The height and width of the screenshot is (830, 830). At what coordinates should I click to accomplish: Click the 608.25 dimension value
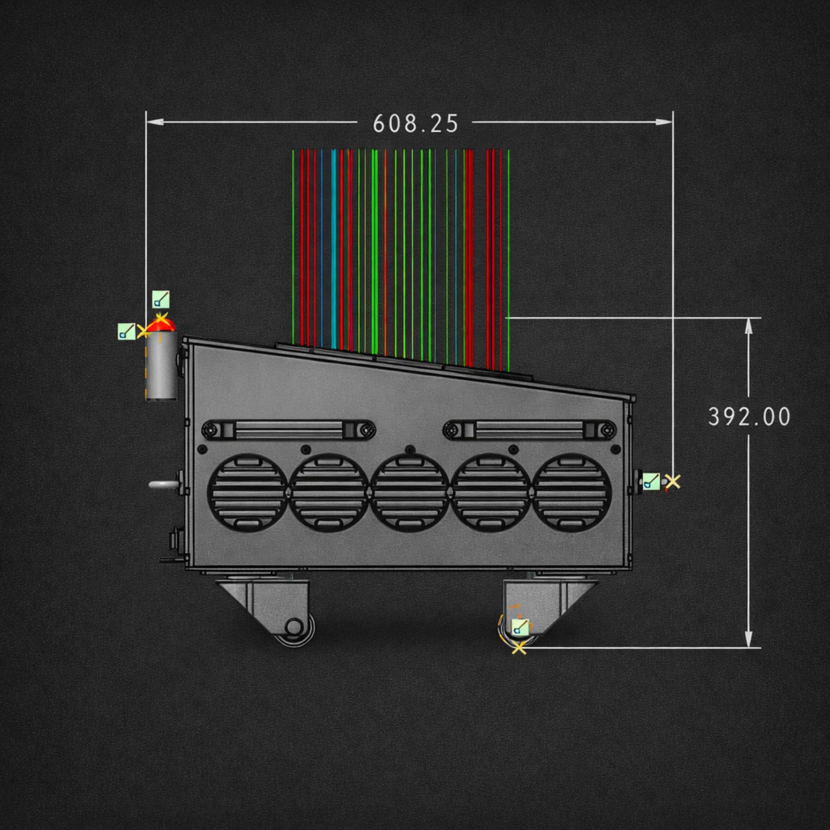tap(415, 124)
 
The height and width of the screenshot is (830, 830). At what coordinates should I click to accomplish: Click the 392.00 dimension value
tap(749, 417)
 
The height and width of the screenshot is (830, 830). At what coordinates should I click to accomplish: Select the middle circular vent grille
tap(409, 493)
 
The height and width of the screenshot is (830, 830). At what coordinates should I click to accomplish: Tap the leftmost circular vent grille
tap(247, 493)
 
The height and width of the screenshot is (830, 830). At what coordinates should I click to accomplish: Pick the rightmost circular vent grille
tap(572, 493)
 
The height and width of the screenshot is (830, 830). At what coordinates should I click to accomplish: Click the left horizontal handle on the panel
tap(289, 430)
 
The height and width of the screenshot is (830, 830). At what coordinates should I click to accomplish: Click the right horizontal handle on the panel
tap(529, 430)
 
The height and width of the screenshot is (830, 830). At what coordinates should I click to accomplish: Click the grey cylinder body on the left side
tap(161, 365)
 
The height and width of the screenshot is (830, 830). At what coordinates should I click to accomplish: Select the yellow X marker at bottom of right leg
tap(519, 648)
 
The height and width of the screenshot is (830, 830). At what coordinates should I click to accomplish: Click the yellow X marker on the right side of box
tap(673, 482)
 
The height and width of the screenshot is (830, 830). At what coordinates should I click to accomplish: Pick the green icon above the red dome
tap(161, 299)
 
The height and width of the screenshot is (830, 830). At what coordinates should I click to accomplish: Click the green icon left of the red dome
tap(126, 331)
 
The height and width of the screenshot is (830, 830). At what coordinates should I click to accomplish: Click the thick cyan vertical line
tap(334, 249)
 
